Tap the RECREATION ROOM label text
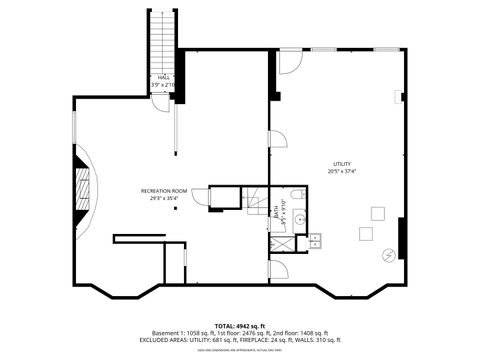pyautogui.click(x=165, y=191)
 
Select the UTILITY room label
pyautogui.click(x=343, y=164)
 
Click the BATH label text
pyautogui.click(x=275, y=211)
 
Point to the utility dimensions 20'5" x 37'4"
pyautogui.click(x=343, y=171)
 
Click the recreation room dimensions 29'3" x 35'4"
pyautogui.click(x=165, y=198)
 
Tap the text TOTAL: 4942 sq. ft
pyautogui.click(x=240, y=326)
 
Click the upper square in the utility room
pyautogui.click(x=378, y=212)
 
